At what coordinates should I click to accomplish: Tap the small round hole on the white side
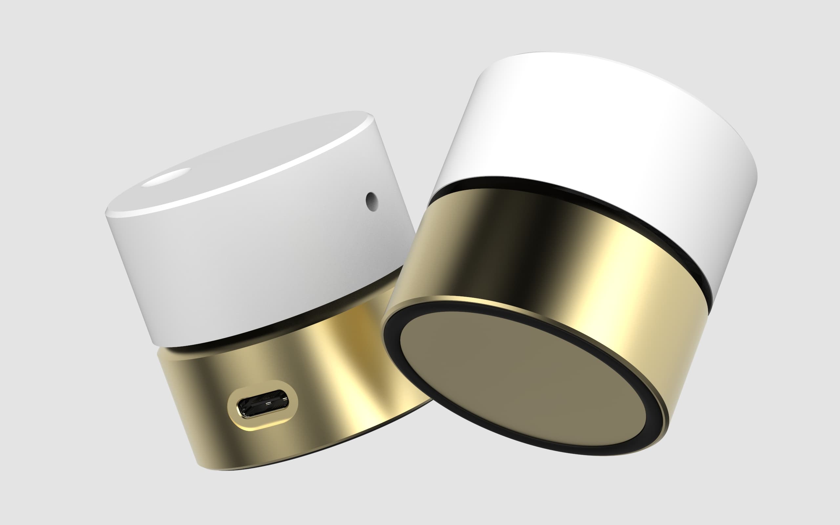point(371,202)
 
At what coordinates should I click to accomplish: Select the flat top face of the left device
point(243,163)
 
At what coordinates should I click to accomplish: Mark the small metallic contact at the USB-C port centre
point(268,404)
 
